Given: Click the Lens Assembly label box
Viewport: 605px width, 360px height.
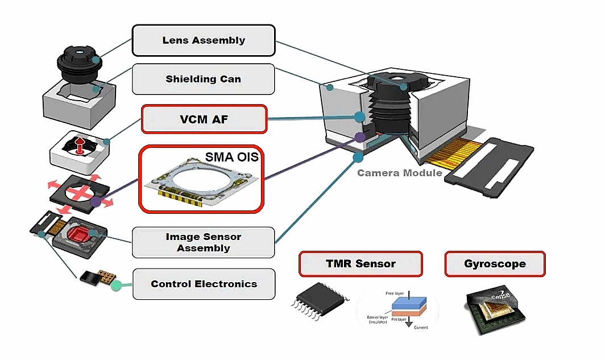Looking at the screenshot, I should point(204,40).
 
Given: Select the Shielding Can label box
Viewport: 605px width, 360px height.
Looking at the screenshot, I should point(204,79).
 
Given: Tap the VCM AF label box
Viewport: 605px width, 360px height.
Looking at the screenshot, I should point(204,119).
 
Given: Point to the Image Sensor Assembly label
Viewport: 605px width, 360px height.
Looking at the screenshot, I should point(204,242).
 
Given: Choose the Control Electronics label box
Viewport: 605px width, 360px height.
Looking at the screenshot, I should point(204,284).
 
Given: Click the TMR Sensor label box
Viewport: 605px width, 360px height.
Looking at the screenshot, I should point(360,264).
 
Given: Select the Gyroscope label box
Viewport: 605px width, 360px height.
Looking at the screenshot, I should point(495,264).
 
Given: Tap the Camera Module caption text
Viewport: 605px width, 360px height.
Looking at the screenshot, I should point(399,172).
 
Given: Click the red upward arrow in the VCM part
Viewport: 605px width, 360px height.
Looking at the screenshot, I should point(80,146).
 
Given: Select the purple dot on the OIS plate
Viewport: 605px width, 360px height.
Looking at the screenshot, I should point(96,201).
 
